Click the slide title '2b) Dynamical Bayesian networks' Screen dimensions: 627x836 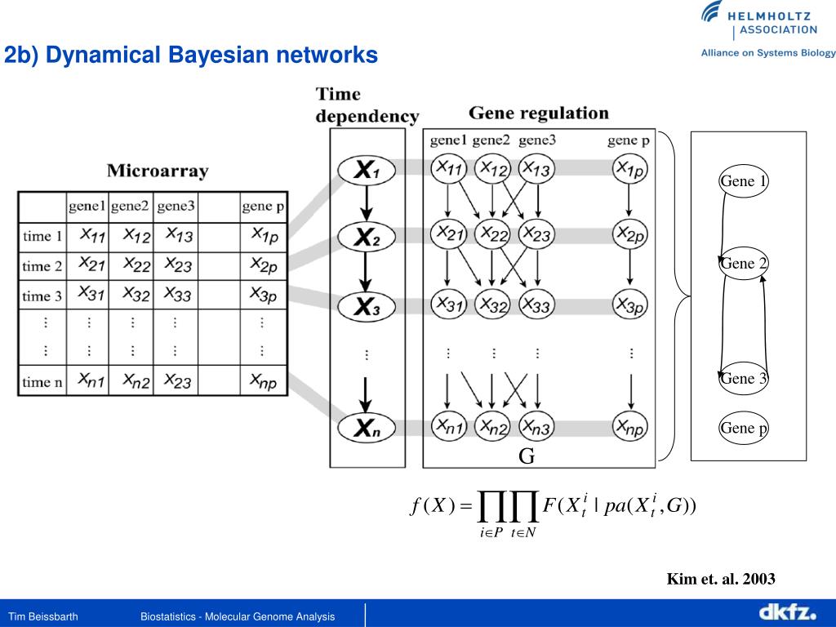click(191, 56)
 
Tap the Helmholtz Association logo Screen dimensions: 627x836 click(758, 22)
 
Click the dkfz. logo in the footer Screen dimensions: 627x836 click(787, 611)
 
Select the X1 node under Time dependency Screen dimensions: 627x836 click(367, 171)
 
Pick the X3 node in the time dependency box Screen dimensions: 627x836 click(367, 307)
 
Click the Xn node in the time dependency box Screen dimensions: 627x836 click(367, 425)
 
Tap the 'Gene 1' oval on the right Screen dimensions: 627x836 click(742, 181)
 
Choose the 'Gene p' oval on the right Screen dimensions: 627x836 click(742, 428)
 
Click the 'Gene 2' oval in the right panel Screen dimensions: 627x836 click(742, 263)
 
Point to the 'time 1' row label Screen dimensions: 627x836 click(42, 237)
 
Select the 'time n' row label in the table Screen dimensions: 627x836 click(42, 380)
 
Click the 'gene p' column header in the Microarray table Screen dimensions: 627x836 click(263, 207)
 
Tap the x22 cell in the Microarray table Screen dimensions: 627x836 click(136, 265)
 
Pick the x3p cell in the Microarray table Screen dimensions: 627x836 click(263, 294)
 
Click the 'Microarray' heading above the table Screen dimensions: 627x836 click(158, 171)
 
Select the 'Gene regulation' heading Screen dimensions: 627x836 click(538, 113)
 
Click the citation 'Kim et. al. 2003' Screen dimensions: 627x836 click(721, 579)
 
